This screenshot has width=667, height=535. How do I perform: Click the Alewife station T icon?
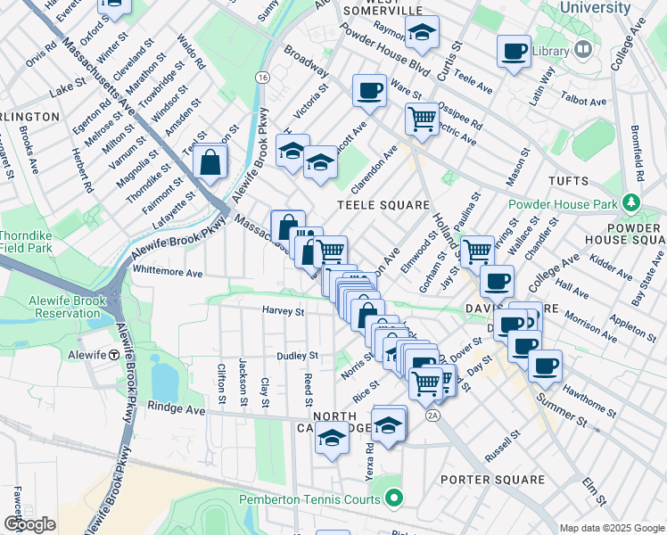pyautogui.click(x=114, y=354)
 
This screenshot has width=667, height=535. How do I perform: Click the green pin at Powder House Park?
pyautogui.click(x=631, y=203)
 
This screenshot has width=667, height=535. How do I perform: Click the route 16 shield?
pyautogui.click(x=262, y=78)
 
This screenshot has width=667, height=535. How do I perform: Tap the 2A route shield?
pyautogui.click(x=433, y=415)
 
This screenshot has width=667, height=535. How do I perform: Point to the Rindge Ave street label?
pyautogui.click(x=181, y=410)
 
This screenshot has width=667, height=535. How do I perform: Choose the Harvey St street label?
pyautogui.click(x=284, y=312)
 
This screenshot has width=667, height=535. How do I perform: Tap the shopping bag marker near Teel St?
pyautogui.click(x=210, y=161)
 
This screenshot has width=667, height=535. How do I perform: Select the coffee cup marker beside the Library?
pyautogui.click(x=514, y=51)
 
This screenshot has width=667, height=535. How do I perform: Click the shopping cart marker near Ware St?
pyautogui.click(x=422, y=117)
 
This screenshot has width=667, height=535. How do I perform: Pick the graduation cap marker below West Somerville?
pyautogui.click(x=422, y=33)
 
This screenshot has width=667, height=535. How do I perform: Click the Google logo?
pyautogui.click(x=29, y=524)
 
